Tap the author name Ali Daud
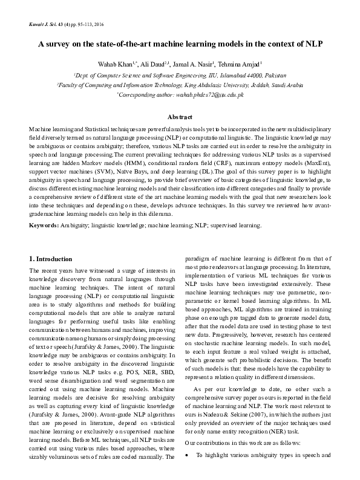coord(152,64)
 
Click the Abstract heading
coord(180,117)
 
